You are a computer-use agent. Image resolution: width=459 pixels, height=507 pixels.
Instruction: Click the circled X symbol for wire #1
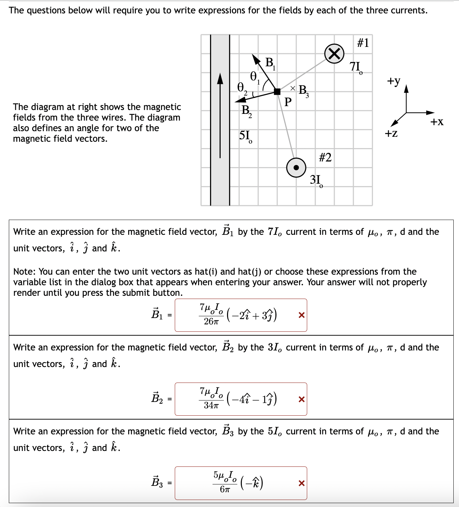[334, 54]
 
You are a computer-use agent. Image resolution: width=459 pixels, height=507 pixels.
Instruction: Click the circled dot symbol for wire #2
[296, 167]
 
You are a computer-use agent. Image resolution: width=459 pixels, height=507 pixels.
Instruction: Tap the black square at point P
[277, 92]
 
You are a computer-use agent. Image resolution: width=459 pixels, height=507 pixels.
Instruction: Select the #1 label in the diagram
[363, 43]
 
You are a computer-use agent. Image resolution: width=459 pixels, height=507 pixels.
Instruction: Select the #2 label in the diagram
[325, 157]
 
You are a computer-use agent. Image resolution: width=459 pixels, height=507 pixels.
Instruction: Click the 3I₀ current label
[316, 180]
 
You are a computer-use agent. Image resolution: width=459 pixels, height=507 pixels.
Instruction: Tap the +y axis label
[393, 81]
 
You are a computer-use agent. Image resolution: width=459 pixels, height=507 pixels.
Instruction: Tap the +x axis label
[437, 122]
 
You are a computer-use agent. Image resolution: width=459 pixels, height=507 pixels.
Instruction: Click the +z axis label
[391, 133]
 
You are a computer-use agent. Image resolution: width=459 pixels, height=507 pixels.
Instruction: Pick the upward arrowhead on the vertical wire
[220, 78]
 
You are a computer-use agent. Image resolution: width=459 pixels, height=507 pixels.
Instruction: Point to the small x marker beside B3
[292, 88]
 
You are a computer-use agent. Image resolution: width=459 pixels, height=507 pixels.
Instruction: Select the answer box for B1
[240, 315]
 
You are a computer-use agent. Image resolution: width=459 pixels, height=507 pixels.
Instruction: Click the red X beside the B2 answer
[302, 399]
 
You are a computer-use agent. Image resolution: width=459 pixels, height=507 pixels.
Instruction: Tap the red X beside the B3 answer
[302, 483]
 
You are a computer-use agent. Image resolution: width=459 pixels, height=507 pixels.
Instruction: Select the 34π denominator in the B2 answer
[211, 405]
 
